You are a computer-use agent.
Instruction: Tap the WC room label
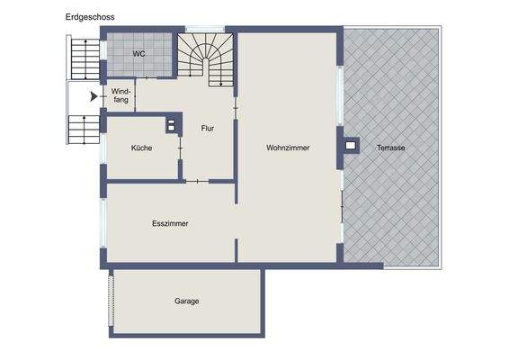[138, 54]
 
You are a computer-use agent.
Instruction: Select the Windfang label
[121, 95]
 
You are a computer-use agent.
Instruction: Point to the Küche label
[141, 148]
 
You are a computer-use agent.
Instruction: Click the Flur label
[208, 128]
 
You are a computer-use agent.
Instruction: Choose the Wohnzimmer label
[288, 148]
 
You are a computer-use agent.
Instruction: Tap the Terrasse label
[391, 148]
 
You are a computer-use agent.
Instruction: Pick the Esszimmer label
[170, 223]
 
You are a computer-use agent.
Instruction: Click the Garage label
[186, 301]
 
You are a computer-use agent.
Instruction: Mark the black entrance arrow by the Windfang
[94, 95]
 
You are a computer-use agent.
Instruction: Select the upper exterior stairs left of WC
[82, 59]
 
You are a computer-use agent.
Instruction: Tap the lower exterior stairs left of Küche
[82, 130]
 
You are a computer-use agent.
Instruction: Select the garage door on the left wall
[112, 301]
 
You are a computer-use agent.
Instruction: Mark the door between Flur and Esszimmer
[196, 181]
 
